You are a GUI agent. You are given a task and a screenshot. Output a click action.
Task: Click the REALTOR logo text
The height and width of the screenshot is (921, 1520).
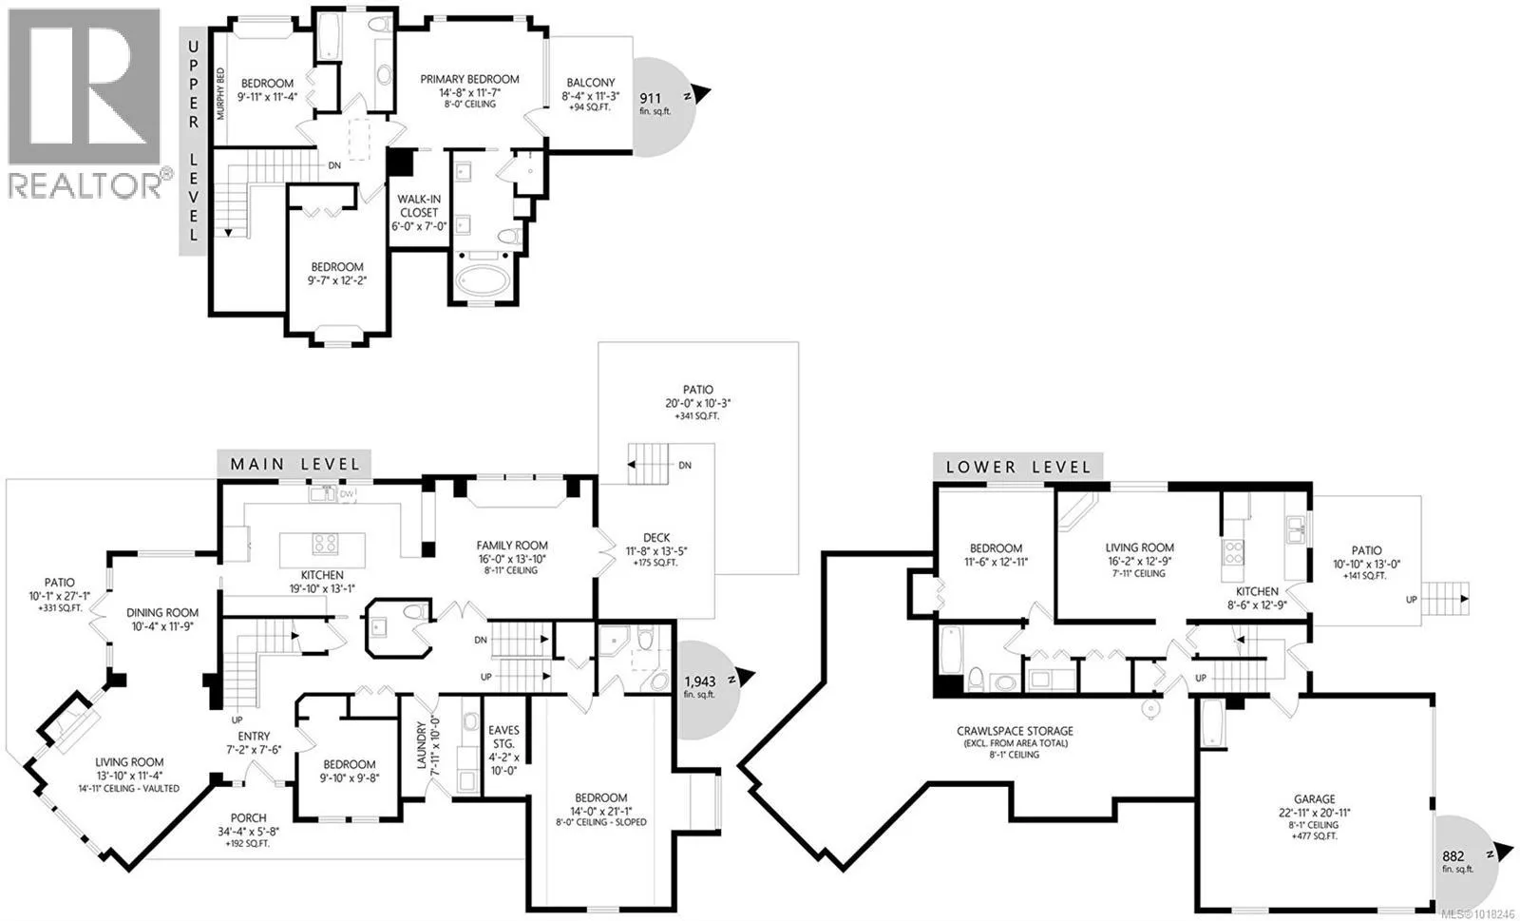85,185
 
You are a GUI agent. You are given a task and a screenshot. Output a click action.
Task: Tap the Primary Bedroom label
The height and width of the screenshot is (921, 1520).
469,80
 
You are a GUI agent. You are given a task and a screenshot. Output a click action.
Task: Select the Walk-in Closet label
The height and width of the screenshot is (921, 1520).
419,205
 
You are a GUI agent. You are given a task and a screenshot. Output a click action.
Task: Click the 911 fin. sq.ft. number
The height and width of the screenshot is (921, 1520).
650,99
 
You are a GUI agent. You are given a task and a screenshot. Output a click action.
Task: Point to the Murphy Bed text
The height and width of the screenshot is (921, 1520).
219,94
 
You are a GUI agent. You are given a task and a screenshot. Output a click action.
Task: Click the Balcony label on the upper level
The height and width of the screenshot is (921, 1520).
590,82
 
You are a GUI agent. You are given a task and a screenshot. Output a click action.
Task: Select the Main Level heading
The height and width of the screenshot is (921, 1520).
294,464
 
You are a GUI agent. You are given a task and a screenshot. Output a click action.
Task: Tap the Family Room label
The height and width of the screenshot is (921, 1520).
512,545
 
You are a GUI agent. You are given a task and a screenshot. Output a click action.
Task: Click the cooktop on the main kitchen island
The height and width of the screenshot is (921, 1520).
325,544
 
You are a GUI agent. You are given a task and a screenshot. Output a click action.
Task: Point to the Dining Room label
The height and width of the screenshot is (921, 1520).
162,612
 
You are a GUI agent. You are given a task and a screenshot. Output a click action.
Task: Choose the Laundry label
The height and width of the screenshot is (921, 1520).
422,745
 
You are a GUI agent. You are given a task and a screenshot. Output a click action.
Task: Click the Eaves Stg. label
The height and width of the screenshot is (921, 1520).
503,737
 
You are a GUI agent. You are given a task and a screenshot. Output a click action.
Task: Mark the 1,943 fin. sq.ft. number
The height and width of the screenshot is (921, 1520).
699,681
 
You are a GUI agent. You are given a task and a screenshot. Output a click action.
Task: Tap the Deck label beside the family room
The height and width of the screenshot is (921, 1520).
656,538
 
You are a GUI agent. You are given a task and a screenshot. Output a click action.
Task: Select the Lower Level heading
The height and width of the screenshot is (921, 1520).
1017,467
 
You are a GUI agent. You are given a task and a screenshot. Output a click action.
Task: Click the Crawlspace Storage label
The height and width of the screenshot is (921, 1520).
1016,731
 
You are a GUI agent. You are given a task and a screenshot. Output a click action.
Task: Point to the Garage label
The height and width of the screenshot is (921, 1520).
1314,798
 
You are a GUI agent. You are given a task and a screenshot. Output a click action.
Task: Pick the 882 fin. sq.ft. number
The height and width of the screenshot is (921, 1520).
1453,856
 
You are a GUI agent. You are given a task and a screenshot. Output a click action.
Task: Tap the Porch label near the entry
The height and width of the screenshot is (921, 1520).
248,817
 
